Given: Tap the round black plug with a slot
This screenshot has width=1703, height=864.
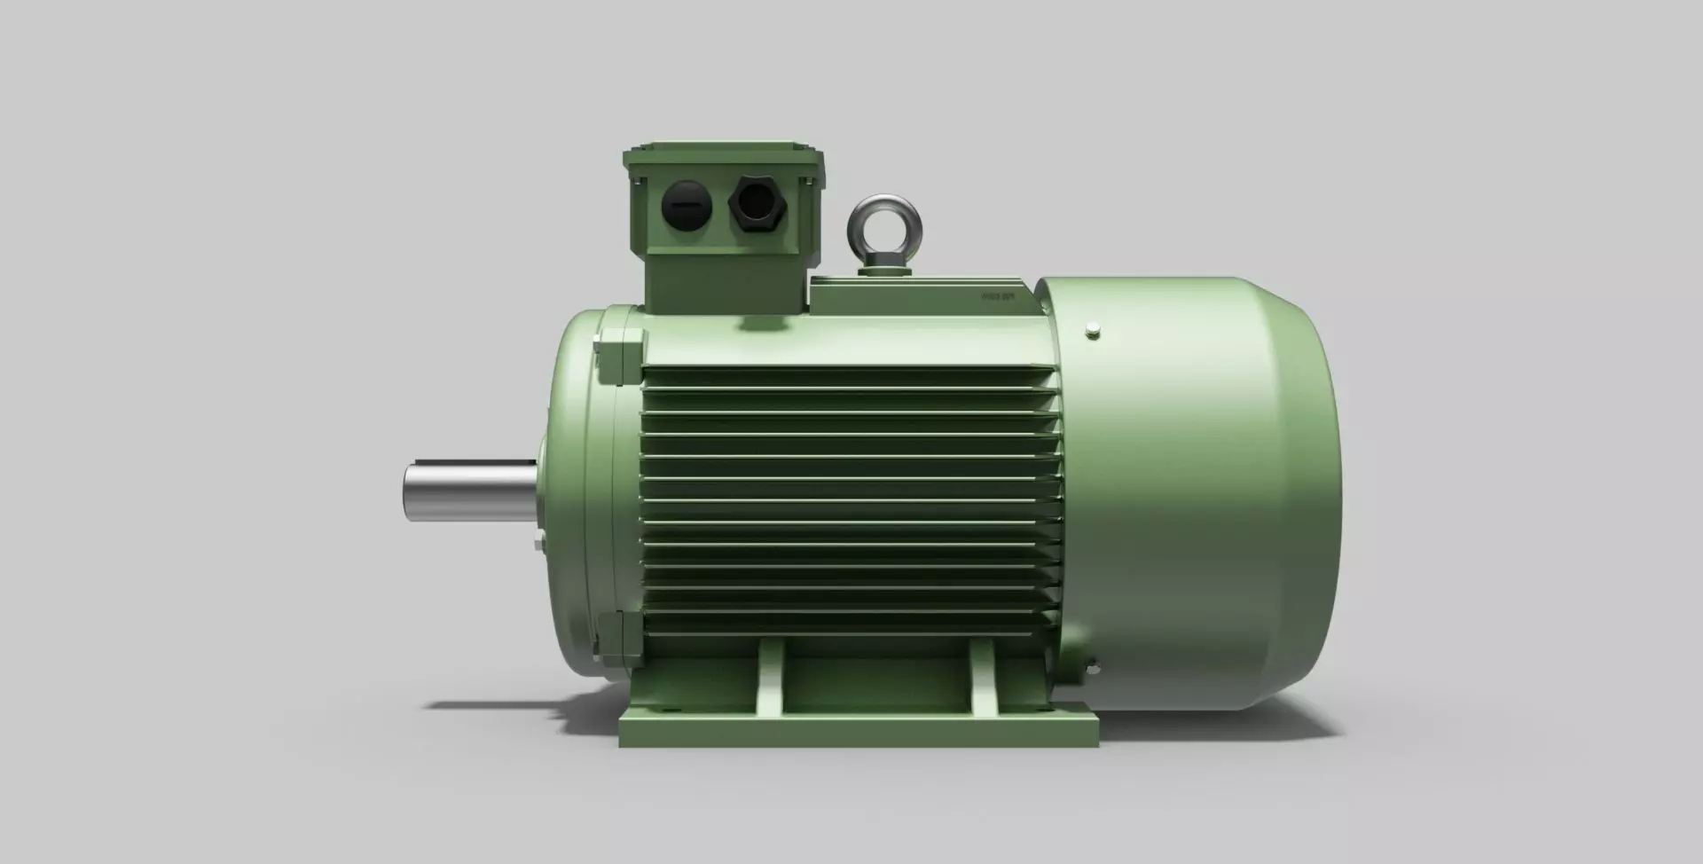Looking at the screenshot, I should (x=687, y=206).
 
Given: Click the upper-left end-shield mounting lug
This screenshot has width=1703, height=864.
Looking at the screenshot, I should (x=621, y=355).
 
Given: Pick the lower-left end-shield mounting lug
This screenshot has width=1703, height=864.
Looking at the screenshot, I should (x=621, y=639).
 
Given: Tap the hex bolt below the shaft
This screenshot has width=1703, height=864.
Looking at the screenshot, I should (x=538, y=543).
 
